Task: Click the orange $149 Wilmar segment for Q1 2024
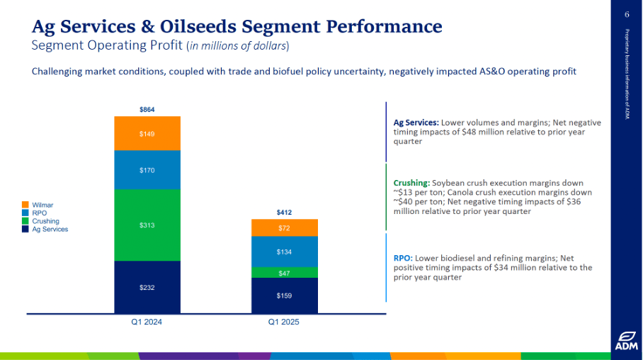point(147,133)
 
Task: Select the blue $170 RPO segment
point(147,170)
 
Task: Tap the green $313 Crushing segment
point(147,225)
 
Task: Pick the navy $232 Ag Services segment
point(147,287)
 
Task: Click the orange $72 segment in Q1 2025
point(284,227)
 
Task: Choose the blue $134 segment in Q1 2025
point(284,252)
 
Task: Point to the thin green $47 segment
point(284,273)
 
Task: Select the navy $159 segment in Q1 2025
point(284,295)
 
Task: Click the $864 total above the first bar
point(147,110)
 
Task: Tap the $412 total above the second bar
point(284,213)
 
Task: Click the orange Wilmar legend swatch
point(25,206)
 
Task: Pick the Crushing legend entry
point(45,221)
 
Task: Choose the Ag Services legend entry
point(50,229)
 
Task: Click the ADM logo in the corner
point(625,340)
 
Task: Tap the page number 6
point(627,15)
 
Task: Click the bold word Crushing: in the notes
point(411,183)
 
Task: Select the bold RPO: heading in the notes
point(404,259)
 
